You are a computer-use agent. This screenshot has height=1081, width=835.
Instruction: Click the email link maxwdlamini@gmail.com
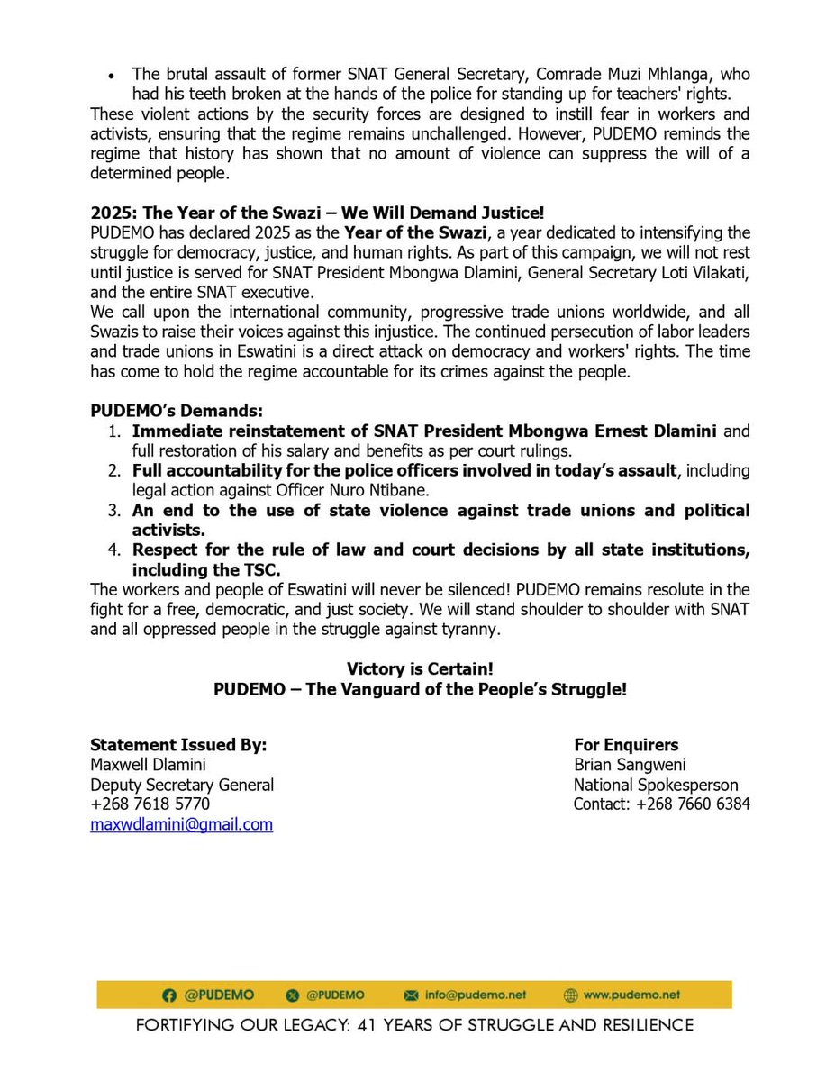181,824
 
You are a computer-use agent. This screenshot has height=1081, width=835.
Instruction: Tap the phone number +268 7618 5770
150,804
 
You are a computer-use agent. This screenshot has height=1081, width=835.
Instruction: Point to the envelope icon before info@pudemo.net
413,995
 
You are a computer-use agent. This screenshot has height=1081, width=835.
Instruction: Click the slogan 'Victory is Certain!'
420,669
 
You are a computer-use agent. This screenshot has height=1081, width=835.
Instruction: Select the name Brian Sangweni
630,765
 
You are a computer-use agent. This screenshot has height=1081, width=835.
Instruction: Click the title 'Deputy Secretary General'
182,785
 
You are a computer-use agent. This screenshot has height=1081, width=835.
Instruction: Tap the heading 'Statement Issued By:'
178,745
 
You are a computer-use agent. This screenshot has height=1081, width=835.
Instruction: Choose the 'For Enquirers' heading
626,745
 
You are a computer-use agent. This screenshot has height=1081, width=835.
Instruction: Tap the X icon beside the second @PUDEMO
290,995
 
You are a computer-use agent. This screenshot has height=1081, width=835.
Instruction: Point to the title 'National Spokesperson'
656,785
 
